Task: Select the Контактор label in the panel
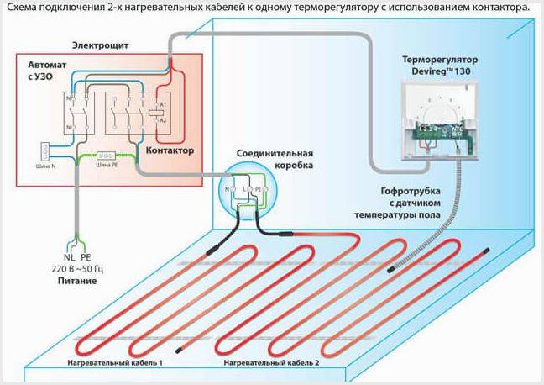tap(170, 150)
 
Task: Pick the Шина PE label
tap(107, 166)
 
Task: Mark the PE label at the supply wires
tap(85, 257)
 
